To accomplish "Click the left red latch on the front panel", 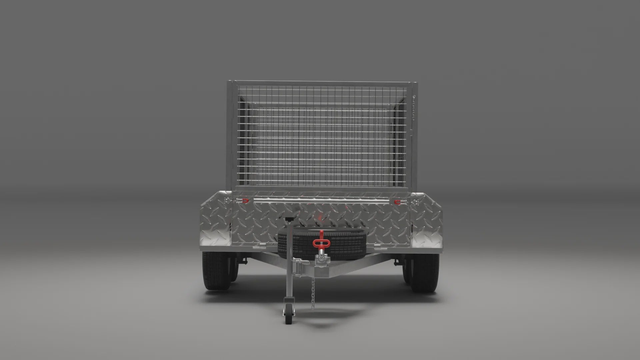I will coord(245,201).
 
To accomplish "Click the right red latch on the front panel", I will coord(397,202).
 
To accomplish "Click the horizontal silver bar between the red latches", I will coord(320,201).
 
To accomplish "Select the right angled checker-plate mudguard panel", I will coord(427,227).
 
